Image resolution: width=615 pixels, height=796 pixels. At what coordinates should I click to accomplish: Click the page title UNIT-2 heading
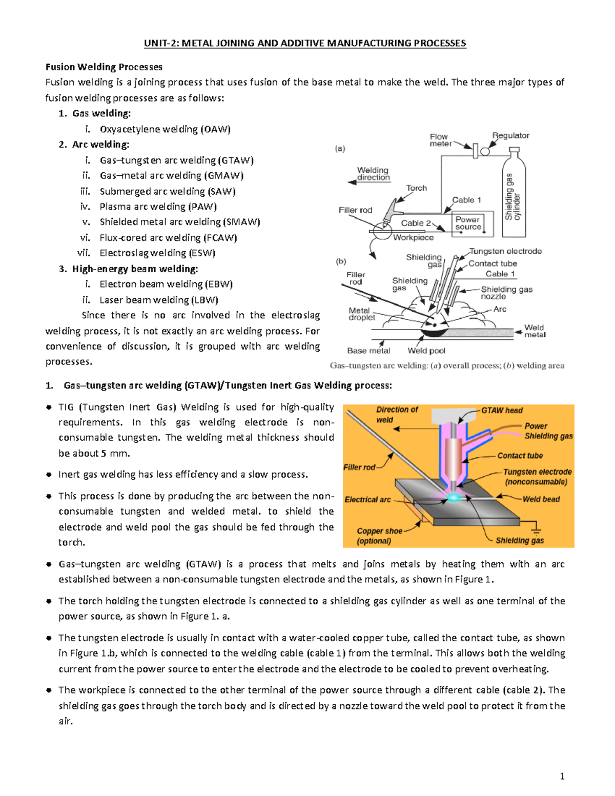(305, 43)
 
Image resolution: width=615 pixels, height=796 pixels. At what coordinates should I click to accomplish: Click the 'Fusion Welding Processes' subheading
(104, 67)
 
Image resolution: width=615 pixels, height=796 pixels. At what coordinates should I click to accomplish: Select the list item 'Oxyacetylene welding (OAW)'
(165, 129)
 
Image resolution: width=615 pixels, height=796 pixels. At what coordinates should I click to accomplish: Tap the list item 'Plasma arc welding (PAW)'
(158, 207)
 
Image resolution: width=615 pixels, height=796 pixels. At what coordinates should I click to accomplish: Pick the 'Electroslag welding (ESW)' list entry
(157, 253)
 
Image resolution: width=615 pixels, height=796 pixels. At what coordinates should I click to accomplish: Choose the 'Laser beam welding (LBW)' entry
(159, 300)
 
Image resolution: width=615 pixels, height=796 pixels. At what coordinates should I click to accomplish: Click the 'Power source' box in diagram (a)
(468, 223)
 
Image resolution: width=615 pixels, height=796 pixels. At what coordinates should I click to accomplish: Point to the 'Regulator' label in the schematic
(510, 136)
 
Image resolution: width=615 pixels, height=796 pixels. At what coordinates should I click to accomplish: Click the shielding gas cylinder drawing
(514, 195)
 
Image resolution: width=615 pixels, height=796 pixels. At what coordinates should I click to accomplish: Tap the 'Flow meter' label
(440, 140)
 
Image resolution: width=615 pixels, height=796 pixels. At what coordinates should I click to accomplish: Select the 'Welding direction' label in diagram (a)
(373, 174)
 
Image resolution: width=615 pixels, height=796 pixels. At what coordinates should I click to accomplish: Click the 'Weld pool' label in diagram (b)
(426, 351)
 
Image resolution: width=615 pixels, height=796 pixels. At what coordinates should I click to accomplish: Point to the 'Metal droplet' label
(361, 314)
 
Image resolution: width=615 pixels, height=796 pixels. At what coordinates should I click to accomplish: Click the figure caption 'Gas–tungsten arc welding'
(447, 366)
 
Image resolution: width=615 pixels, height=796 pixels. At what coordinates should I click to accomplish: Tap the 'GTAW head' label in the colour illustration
(502, 411)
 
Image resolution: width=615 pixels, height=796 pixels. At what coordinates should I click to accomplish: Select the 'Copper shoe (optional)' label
(379, 536)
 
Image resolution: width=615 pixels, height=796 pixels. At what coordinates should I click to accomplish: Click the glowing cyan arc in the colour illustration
(454, 497)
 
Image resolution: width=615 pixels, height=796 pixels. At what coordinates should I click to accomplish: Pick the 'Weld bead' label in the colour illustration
(541, 499)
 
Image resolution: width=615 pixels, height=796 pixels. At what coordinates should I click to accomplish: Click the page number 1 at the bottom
(562, 776)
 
